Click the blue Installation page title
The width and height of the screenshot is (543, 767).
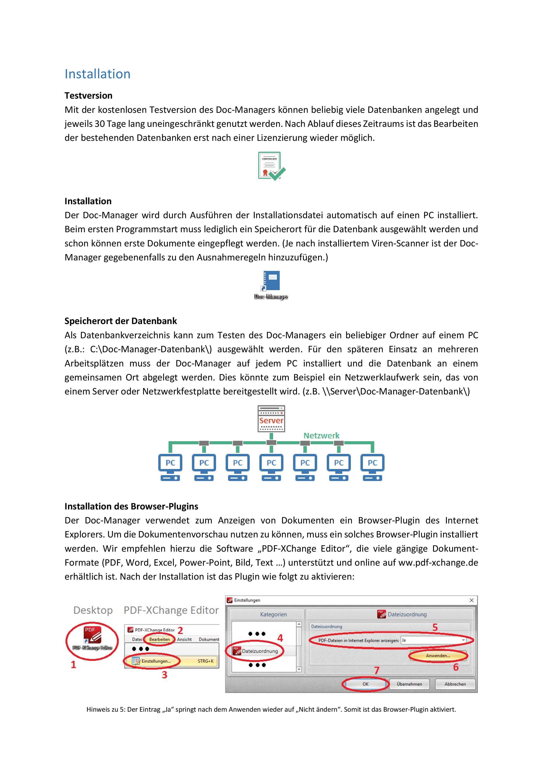point(97,74)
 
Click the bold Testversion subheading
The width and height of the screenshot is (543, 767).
point(88,96)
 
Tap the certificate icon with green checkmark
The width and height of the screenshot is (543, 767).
point(271,166)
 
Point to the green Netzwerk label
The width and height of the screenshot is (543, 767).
point(321,436)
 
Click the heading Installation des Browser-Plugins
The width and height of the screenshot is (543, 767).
point(131,506)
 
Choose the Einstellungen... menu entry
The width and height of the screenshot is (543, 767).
point(156,661)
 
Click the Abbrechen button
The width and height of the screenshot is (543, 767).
point(455,684)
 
